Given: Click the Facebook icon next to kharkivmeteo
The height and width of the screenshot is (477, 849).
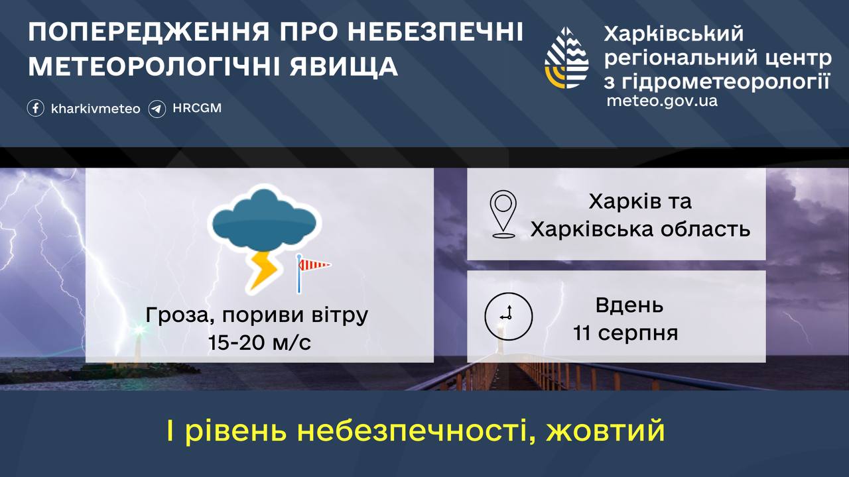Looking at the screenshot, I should [36, 108].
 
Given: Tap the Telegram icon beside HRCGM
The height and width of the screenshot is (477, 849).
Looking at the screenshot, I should [157, 108].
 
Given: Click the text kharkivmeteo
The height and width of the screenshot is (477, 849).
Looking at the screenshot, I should [96, 109].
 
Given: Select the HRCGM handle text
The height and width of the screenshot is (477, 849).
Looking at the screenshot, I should [196, 108].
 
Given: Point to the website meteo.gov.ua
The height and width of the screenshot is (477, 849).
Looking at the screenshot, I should [661, 101].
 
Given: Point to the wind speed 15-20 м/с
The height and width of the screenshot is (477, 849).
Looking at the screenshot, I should [259, 343].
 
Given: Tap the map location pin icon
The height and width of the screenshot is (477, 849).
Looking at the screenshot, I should [504, 213].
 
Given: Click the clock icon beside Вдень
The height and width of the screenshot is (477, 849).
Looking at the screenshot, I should [508, 315].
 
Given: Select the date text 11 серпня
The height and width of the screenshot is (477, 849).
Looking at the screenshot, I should [625, 332].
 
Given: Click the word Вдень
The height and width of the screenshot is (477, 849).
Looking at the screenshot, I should [629, 305].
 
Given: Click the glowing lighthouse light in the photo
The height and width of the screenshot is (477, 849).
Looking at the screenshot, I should [139, 329].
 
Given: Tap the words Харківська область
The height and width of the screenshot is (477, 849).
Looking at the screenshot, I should [640, 229].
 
